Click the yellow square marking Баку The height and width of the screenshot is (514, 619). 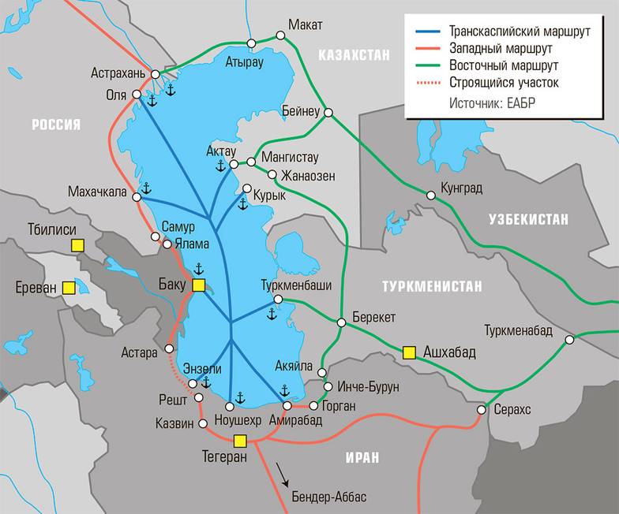pyautogui.click(x=199, y=285)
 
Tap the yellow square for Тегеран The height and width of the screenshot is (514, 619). pyautogui.click(x=241, y=441)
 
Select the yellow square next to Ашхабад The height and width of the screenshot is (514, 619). pyautogui.click(x=409, y=352)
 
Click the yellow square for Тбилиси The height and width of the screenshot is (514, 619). pyautogui.click(x=77, y=245)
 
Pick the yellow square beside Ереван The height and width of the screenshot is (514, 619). pyautogui.click(x=70, y=288)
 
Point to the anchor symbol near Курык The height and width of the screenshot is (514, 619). pyautogui.click(x=242, y=204)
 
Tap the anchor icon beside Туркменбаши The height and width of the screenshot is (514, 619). pyautogui.click(x=272, y=314)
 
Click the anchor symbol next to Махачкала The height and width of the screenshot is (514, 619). pyautogui.click(x=145, y=188)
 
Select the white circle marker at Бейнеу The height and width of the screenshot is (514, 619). pyautogui.click(x=328, y=112)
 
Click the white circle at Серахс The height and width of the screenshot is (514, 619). pyautogui.click(x=482, y=410)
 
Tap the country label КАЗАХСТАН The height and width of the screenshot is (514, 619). pyautogui.click(x=354, y=55)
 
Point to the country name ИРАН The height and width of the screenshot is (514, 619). pyautogui.click(x=361, y=457)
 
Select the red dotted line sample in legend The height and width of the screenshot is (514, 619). pyautogui.click(x=427, y=82)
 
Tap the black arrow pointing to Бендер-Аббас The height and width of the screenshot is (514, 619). pyautogui.click(x=281, y=476)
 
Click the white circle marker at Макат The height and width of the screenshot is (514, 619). pyautogui.click(x=279, y=35)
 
